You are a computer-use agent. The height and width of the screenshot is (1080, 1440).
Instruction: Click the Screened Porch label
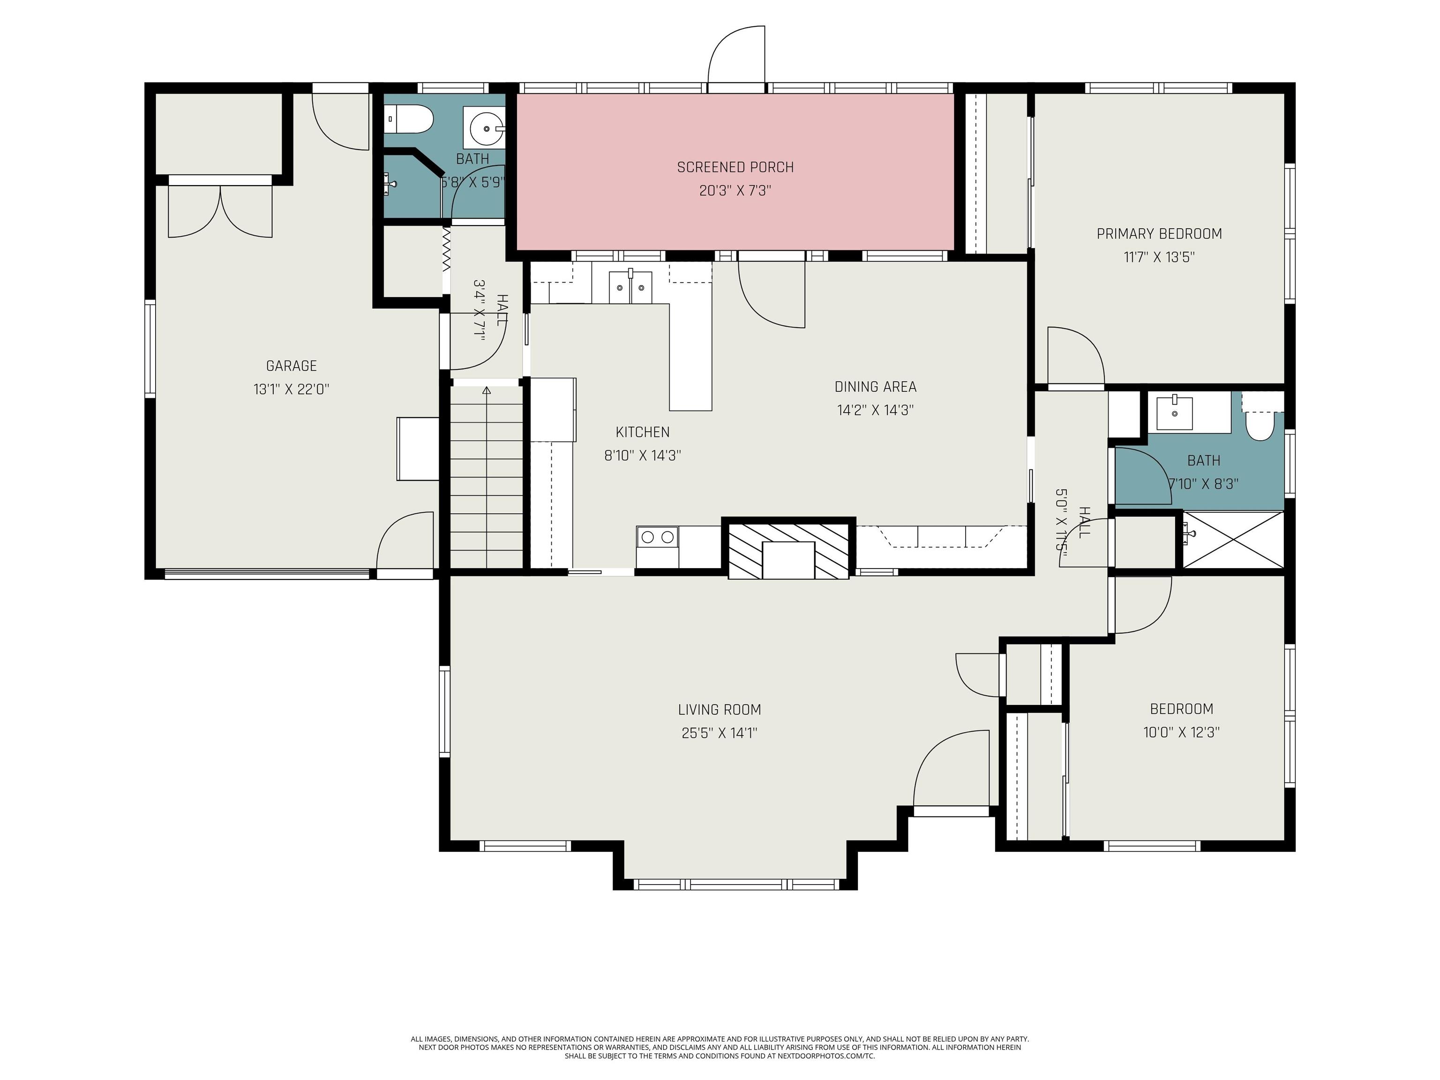pos(735,167)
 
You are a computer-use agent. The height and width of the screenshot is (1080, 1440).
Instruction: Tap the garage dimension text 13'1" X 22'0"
pos(291,389)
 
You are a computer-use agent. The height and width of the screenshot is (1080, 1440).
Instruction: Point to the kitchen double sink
pos(630,287)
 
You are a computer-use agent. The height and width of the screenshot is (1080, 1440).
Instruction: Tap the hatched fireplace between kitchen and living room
pos(787,549)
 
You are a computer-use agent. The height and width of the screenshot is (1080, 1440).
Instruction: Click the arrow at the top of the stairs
pos(486,390)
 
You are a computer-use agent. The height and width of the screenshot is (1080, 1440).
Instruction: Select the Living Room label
pos(720,710)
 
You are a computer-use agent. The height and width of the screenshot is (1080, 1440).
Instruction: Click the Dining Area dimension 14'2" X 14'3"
pos(875,410)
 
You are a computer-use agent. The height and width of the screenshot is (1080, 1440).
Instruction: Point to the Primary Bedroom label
pos(1159,234)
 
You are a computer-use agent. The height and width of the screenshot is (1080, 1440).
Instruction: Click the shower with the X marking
pos(1232,540)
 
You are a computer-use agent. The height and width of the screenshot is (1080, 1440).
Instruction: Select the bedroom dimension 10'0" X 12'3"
pos(1181,732)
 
